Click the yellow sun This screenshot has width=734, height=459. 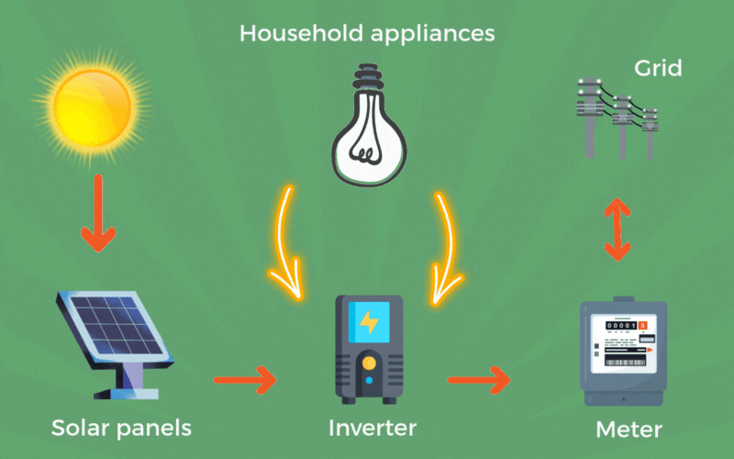click(x=92, y=105)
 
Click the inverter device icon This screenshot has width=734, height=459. click(x=368, y=349)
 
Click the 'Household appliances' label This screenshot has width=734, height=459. click(x=367, y=35)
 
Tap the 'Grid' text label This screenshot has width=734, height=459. click(x=658, y=69)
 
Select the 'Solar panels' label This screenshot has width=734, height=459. click(x=121, y=428)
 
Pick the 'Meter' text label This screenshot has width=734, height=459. click(x=628, y=429)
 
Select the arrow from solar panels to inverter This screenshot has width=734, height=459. click(x=245, y=377)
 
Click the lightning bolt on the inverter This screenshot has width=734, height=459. click(x=369, y=322)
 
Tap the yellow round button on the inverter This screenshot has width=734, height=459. click(x=368, y=363)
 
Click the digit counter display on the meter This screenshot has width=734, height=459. click(x=621, y=326)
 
